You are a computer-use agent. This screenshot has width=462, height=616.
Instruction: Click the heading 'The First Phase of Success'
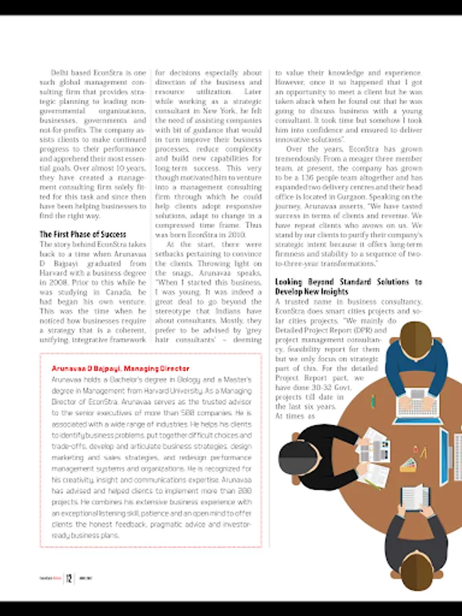tap(83, 235)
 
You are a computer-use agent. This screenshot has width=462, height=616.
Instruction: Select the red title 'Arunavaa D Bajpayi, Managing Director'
tap(120, 368)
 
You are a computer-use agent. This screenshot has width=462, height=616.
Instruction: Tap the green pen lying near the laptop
tap(372, 400)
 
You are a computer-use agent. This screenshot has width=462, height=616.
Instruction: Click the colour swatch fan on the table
tap(409, 465)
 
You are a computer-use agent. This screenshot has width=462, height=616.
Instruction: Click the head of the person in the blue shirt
tap(415, 337)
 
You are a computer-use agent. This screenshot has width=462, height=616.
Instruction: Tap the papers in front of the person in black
tap(373, 448)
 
